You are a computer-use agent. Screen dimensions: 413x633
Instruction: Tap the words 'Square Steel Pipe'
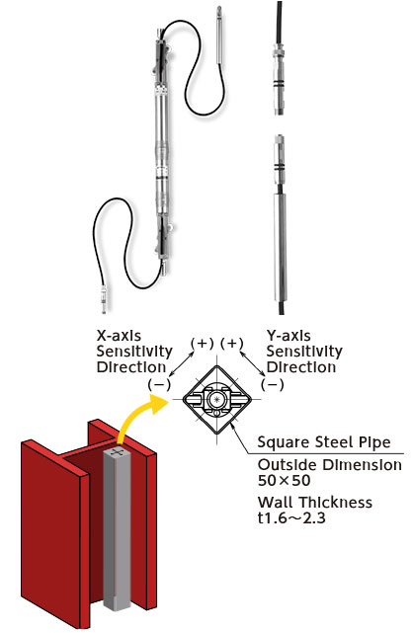pos(324,442)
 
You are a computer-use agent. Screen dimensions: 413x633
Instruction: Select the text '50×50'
pos(285,480)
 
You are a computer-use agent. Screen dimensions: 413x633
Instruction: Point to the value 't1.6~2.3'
pos(291,517)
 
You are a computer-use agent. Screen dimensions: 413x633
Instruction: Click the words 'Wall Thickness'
pos(315,503)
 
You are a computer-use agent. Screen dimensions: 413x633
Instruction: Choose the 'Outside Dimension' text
pos(330,465)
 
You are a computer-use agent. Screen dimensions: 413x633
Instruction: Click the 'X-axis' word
pos(120,336)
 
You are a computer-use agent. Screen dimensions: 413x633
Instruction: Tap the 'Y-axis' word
pos(289,336)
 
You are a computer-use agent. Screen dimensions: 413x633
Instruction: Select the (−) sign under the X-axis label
pos(159,384)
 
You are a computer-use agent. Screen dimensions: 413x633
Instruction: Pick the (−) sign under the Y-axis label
pos(273,384)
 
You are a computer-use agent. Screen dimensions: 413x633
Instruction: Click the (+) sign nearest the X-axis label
pos(202,344)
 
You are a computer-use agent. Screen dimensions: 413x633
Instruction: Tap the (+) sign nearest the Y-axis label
pos(232,344)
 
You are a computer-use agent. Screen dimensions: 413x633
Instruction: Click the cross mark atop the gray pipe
pos(118,452)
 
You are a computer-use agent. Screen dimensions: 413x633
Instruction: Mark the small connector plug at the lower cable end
pos(104,299)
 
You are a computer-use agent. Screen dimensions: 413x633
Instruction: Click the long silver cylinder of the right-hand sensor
pos(281,247)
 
